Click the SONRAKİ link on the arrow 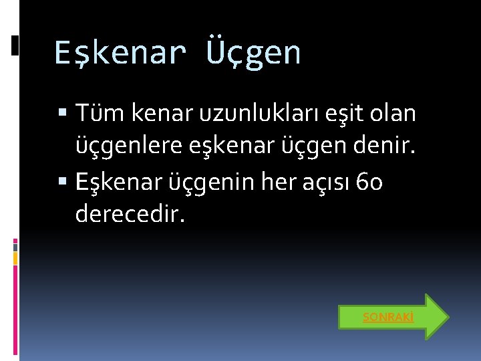387,318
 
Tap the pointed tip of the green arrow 446,317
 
